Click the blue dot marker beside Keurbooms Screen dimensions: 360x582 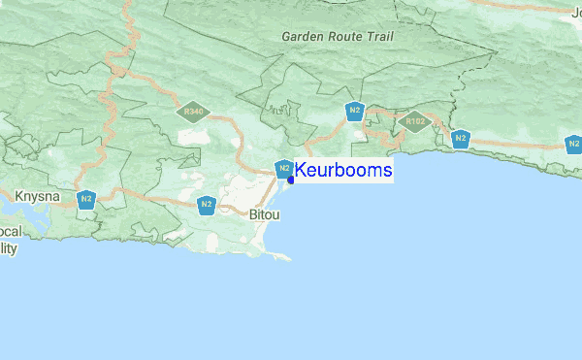(291, 180)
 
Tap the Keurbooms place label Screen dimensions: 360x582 (343, 171)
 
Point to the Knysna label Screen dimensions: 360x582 (38, 197)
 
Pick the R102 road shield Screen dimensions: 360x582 (416, 121)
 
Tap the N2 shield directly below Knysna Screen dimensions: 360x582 (86, 200)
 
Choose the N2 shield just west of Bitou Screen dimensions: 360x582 (206, 204)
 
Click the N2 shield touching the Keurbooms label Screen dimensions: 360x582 (283, 170)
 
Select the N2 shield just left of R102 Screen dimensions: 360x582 (355, 111)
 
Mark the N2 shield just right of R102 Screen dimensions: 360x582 (461, 139)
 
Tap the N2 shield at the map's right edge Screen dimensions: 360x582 (574, 146)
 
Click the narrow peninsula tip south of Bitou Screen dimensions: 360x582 (287, 258)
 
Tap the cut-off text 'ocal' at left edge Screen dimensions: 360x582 (11, 233)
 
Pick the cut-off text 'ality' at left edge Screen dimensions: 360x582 (9, 248)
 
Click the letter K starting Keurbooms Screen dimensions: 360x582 (301, 171)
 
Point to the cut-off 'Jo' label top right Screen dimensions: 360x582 (576, 12)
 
